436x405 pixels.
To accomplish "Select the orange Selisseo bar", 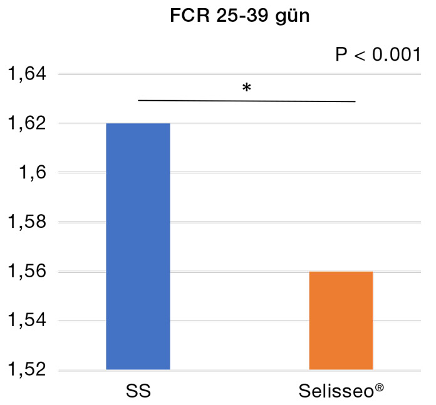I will [341, 320].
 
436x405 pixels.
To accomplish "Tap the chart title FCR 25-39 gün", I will [240, 18].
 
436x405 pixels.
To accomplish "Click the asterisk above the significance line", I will [247, 88].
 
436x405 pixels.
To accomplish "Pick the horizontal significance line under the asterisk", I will [247, 101].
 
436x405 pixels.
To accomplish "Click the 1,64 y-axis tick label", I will [27, 74].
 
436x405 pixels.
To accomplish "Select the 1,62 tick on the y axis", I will [27, 124].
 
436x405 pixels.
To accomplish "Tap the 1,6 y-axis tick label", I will [32, 173].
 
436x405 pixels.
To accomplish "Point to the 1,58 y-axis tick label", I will [27, 223].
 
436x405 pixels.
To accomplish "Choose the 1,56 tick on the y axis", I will [27, 272].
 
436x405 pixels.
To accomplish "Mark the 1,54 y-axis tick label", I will [27, 321].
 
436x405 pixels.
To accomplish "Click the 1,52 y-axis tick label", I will [27, 371].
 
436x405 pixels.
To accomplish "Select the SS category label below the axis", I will [138, 392].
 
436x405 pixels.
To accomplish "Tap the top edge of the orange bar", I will [341, 272].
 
